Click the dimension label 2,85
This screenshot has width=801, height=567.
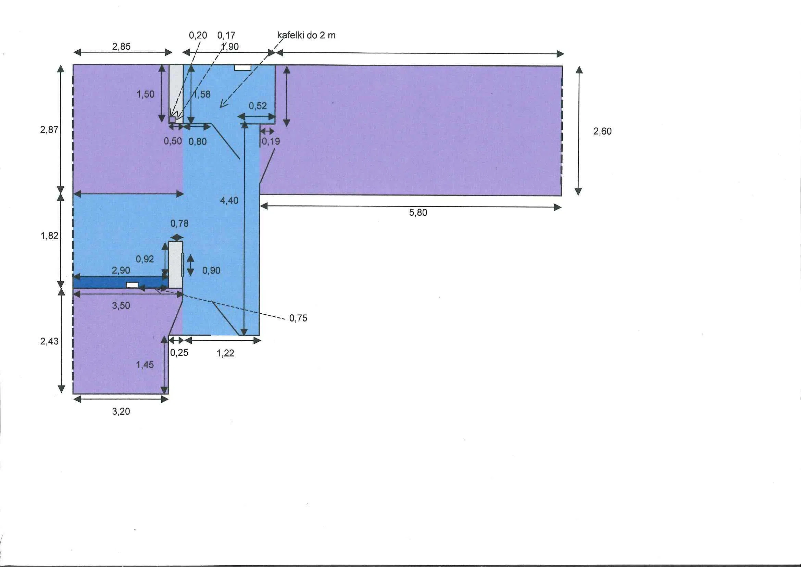(x=121, y=47)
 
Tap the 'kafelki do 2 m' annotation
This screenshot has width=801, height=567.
(x=306, y=35)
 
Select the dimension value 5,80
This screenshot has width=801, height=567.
(x=418, y=213)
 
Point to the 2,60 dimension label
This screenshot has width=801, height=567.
(x=602, y=131)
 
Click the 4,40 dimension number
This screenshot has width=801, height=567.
(x=229, y=200)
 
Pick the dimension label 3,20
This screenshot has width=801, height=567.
(x=121, y=411)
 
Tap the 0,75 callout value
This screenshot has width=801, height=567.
(x=298, y=318)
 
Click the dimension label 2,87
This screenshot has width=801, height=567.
(x=49, y=130)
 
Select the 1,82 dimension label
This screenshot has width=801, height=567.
(x=49, y=236)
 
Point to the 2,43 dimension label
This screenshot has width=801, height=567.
(x=49, y=341)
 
